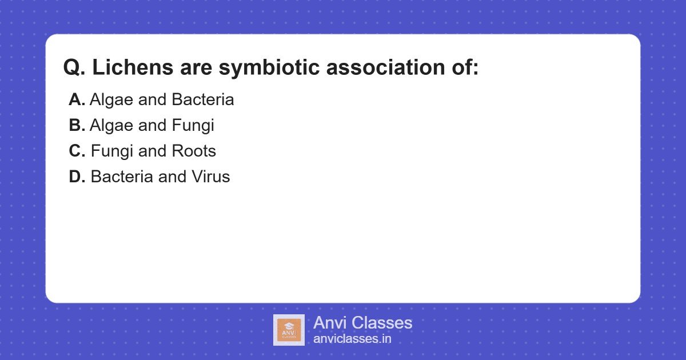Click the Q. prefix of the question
pyautogui.click(x=74, y=67)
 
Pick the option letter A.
pyautogui.click(x=77, y=100)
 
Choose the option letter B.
pyautogui.click(x=77, y=125)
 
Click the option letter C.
pyautogui.click(x=77, y=151)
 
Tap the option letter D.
pyautogui.click(x=77, y=177)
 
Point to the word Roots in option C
pyautogui.click(x=194, y=151)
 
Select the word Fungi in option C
pyautogui.click(x=110, y=151)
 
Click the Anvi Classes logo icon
pyautogui.click(x=289, y=330)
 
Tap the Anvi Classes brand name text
pyautogui.click(x=362, y=323)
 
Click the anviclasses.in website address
pyautogui.click(x=352, y=339)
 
